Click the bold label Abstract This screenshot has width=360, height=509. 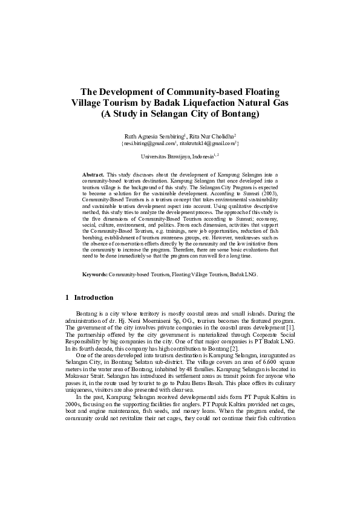93,174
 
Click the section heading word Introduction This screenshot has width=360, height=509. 94,297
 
